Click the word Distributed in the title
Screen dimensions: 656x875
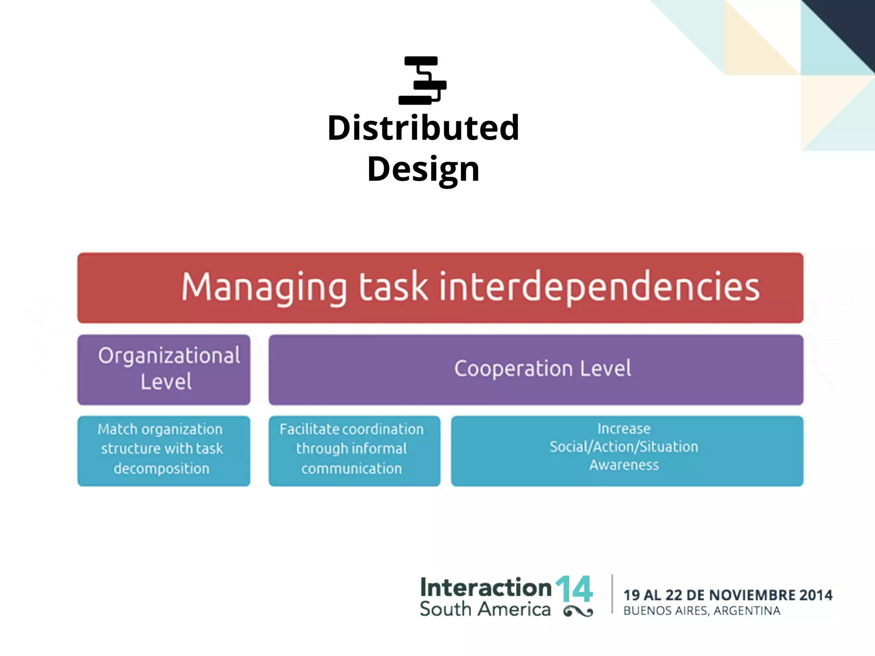[x=423, y=128]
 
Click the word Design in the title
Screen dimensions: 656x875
[x=423, y=169]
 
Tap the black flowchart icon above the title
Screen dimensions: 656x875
[x=422, y=80]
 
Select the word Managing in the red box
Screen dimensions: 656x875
[x=264, y=287]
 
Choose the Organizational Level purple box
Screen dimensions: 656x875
[x=164, y=369]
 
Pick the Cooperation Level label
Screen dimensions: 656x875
[x=542, y=369]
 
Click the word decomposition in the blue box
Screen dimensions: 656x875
[x=161, y=469]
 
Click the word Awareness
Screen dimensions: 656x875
[x=624, y=465]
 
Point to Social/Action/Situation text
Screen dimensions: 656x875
[x=624, y=447]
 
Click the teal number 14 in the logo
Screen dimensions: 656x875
[x=574, y=589]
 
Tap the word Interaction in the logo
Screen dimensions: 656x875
[x=486, y=588]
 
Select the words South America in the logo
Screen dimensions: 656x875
[x=485, y=609]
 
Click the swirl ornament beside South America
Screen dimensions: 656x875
[x=578, y=612]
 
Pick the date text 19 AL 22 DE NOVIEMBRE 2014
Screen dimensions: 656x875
[x=728, y=595]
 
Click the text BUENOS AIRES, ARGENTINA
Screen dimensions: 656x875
[x=702, y=611]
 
